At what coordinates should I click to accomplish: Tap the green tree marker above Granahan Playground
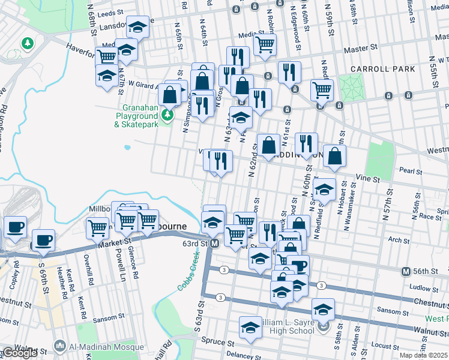(x=167, y=113)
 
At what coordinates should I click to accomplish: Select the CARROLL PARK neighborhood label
(x=383, y=69)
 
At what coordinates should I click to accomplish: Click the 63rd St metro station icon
(x=215, y=244)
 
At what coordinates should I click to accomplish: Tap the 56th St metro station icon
(x=406, y=271)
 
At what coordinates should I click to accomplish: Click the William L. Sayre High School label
(x=285, y=326)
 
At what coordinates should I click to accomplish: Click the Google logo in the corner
(x=19, y=353)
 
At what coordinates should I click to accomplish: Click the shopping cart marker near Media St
(x=265, y=43)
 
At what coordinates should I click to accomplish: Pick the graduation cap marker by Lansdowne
(x=137, y=27)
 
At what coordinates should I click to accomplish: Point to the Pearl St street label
(x=411, y=171)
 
